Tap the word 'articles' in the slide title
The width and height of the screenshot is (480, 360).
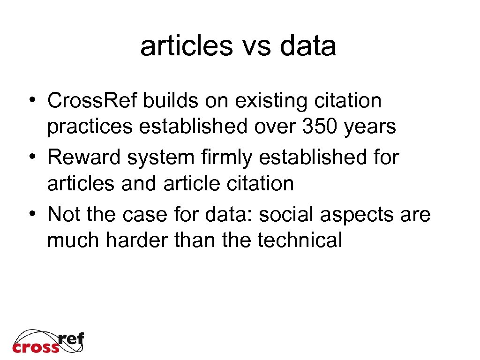[x=186, y=46]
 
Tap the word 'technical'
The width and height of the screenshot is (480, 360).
[x=300, y=240]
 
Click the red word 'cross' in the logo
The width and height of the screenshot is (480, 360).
[x=36, y=347]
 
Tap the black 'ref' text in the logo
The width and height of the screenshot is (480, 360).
[x=71, y=338]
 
